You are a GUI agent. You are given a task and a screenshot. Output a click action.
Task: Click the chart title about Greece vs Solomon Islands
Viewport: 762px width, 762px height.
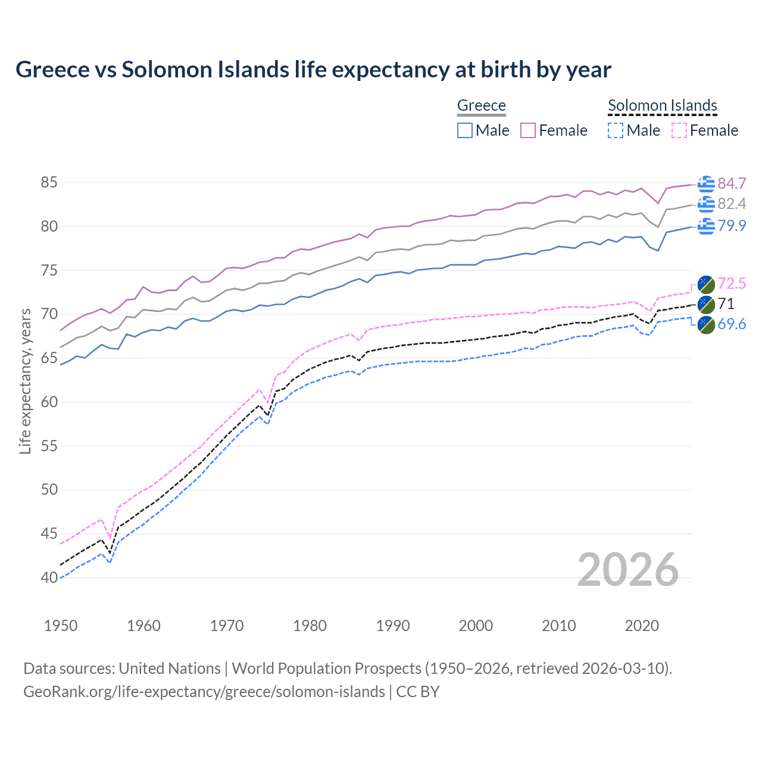point(313,70)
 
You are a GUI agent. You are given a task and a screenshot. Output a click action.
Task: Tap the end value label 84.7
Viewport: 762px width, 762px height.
point(732,183)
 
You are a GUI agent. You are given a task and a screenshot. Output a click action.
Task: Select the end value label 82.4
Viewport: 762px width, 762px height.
point(732,204)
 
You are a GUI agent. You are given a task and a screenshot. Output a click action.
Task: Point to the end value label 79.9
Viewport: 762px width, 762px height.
point(732,226)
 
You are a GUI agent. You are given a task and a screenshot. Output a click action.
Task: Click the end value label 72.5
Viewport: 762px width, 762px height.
point(732,283)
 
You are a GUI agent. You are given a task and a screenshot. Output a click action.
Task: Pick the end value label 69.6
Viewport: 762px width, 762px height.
point(732,324)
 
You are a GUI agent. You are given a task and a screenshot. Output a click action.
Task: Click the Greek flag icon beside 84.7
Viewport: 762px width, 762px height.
point(706,184)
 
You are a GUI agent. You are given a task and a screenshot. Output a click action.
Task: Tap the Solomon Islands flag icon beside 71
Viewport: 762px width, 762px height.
point(706,304)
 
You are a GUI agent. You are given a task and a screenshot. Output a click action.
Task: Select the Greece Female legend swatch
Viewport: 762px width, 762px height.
point(528,130)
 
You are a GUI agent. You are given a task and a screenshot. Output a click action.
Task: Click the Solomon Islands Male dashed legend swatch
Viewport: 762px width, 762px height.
point(616,130)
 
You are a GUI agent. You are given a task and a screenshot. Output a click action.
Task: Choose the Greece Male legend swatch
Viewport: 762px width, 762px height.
point(465,130)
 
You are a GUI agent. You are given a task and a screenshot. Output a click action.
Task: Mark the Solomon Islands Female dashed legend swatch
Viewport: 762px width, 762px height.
point(679,130)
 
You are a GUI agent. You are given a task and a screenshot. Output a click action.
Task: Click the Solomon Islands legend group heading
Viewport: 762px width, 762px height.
point(662,105)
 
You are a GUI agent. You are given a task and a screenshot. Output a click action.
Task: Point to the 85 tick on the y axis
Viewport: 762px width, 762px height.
point(49,183)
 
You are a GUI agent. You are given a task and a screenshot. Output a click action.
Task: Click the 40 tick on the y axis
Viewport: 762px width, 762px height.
point(49,577)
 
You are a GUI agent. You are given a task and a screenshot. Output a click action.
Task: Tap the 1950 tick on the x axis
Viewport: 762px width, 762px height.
point(61,626)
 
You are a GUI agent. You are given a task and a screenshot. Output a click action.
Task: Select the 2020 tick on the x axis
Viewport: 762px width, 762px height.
point(642,626)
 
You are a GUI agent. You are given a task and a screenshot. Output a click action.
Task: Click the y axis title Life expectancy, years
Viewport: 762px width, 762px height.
point(25,381)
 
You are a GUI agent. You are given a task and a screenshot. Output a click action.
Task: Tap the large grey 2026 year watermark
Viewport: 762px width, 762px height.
point(627,570)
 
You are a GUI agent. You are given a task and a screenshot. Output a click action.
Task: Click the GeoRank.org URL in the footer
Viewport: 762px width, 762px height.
point(204,692)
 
